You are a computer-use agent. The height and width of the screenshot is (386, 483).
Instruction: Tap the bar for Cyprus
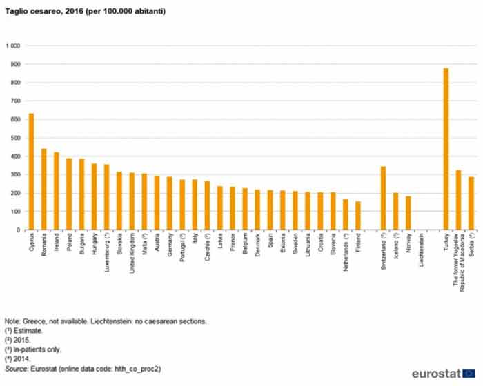(x=31, y=172)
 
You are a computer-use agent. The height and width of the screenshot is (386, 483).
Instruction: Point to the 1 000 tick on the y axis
(x=13, y=46)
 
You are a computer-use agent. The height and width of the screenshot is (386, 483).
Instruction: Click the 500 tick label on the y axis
(x=15, y=138)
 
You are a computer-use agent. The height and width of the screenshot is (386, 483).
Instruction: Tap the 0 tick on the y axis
(x=19, y=230)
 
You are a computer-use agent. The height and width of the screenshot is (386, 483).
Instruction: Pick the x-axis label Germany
(x=170, y=249)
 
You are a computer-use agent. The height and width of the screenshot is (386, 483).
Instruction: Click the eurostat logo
(x=442, y=373)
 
